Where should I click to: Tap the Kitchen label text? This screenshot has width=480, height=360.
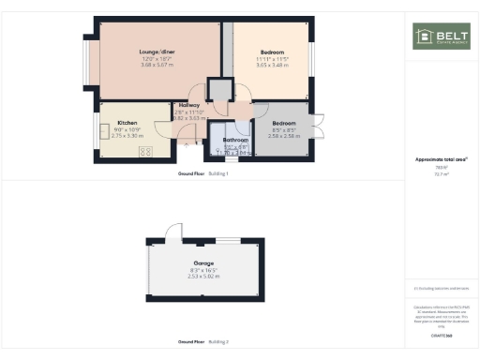point(127,123)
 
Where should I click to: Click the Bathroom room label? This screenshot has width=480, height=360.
point(235,140)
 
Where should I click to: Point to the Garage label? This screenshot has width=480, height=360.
point(203,262)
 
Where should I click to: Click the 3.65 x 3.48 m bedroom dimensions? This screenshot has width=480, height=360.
point(272,65)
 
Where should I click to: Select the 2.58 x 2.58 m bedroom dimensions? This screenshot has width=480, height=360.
point(284,136)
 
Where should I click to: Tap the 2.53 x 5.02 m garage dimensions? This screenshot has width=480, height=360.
point(203,277)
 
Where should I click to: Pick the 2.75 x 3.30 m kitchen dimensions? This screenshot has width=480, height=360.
point(127,136)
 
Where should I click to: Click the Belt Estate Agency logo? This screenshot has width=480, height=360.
point(441,37)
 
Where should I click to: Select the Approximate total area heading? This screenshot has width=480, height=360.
point(441,159)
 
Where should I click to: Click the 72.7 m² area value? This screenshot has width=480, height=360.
point(441,173)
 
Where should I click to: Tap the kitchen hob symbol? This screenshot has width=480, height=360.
point(146,151)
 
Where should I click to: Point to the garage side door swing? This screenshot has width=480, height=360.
point(172,232)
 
